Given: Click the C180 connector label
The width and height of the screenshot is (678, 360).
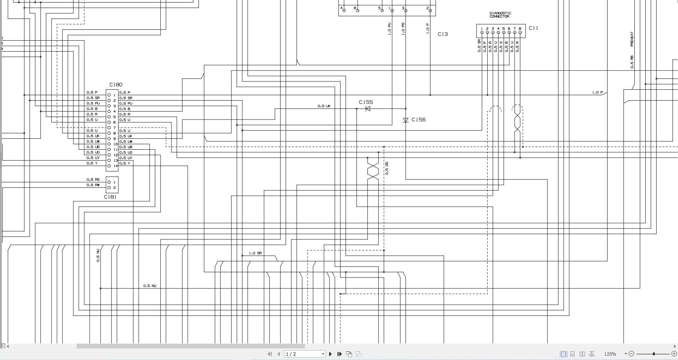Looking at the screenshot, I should pyautogui.click(x=116, y=85).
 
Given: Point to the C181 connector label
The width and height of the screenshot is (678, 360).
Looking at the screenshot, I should pyautogui.click(x=110, y=197).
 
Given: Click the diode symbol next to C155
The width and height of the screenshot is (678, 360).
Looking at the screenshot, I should pyautogui.click(x=368, y=109).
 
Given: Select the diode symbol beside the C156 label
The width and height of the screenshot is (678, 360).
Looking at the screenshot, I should pyautogui.click(x=406, y=120).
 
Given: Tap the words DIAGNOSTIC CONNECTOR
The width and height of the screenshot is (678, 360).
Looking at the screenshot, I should pyautogui.click(x=500, y=15).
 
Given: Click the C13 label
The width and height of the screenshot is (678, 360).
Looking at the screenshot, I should pyautogui.click(x=443, y=34).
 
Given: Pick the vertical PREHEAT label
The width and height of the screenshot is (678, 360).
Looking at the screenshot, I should pyautogui.click(x=632, y=39).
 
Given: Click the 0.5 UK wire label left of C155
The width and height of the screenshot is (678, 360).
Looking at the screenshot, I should pyautogui.click(x=324, y=106).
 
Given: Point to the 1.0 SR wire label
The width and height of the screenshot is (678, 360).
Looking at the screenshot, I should pyautogui.click(x=255, y=253).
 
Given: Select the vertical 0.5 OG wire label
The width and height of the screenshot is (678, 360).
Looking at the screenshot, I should pyautogui.click(x=387, y=168).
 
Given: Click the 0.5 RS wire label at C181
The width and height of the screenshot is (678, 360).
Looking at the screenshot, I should pyautogui.click(x=93, y=179).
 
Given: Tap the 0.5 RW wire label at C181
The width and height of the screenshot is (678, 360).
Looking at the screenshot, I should pyautogui.click(x=93, y=185).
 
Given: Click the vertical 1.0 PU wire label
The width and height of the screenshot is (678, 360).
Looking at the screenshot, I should pyautogui.click(x=390, y=29).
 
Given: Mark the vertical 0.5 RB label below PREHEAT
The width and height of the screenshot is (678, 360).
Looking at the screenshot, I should pyautogui.click(x=632, y=62).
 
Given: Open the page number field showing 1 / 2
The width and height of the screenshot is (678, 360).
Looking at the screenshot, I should pyautogui.click(x=304, y=354).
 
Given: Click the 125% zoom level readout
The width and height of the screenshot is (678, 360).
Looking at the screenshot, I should pyautogui.click(x=610, y=354).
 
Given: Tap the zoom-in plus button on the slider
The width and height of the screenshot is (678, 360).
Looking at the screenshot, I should pyautogui.click(x=674, y=353).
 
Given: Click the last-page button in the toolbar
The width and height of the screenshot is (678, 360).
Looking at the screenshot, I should pyautogui.click(x=339, y=354).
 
